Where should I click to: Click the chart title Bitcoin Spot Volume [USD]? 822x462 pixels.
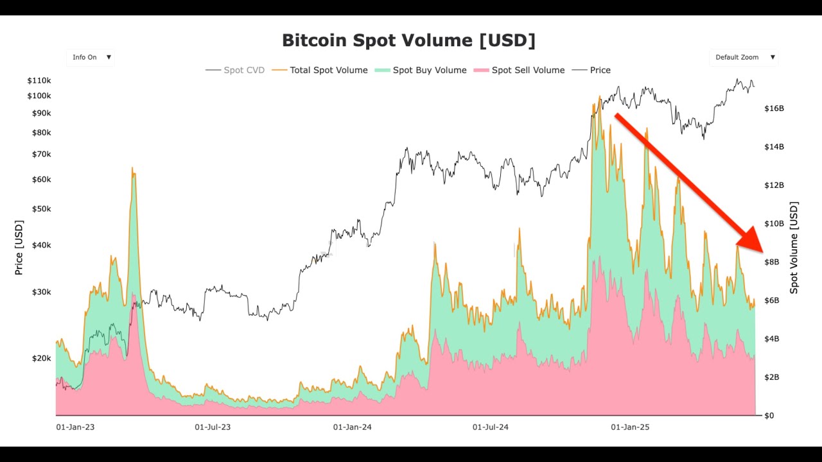(408, 40)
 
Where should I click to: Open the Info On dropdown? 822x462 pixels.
(91, 57)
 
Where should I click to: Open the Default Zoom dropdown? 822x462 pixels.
(744, 57)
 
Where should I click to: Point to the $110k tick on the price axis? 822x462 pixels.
(39, 80)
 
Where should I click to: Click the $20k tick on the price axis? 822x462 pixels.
(41, 358)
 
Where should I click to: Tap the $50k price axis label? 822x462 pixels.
(41, 209)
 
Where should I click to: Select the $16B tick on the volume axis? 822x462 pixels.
(774, 108)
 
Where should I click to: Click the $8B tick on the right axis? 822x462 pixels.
(771, 262)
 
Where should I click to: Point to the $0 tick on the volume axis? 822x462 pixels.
(768, 416)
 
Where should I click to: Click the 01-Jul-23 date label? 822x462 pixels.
(213, 427)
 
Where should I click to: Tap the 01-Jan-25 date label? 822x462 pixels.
(630, 427)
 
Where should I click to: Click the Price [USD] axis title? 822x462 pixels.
(19, 247)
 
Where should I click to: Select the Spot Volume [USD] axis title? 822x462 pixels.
(794, 248)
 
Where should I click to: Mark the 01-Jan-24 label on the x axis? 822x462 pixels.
(352, 427)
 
